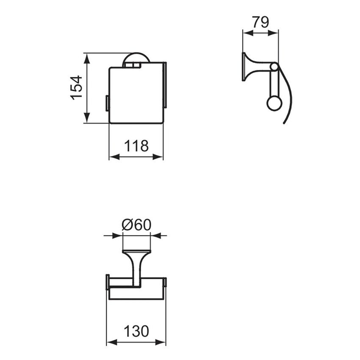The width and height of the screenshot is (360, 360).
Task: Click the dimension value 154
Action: [77, 88]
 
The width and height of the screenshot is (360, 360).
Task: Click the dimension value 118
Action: [136, 146]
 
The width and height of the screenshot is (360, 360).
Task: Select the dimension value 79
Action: [260, 22]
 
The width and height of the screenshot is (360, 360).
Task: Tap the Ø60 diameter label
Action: [136, 224]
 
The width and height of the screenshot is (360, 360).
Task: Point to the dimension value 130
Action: [136, 331]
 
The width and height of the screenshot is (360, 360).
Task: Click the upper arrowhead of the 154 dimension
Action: [87, 58]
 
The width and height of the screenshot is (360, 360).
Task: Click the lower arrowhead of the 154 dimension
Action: [87, 119]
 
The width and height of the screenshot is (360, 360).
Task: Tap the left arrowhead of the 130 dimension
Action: [111, 342]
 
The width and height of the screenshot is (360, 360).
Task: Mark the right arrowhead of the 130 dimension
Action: [161, 342]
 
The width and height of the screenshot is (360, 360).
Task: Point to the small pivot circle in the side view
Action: [274, 67]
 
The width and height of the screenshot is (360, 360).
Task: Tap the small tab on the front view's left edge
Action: [107, 103]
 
